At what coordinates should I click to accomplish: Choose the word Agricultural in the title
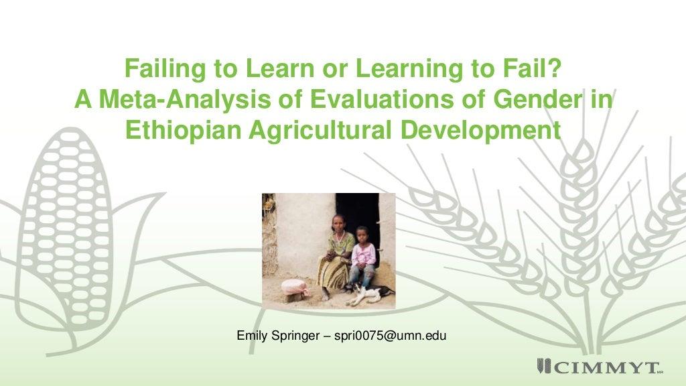(x=322, y=131)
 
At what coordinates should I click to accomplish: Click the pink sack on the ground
(x=295, y=288)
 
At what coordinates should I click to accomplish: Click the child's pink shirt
(x=364, y=255)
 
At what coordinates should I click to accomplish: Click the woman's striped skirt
(x=333, y=271)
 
